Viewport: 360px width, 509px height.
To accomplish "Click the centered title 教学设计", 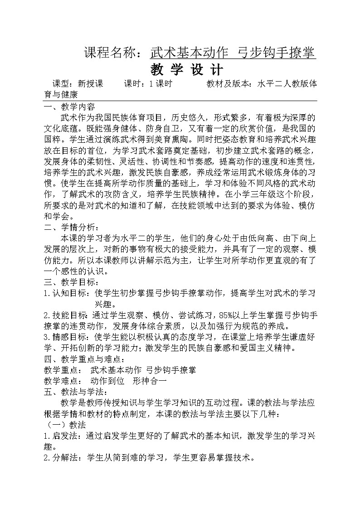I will point(186,70).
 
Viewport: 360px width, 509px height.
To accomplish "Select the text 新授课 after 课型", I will point(91,84).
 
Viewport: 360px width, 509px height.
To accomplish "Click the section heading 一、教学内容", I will point(69,107).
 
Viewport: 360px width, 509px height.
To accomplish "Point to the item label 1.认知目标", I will point(66,293).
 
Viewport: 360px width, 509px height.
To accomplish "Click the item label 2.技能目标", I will point(66,315).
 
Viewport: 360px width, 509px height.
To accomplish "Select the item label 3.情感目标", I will point(66,337).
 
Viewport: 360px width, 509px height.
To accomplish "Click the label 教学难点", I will point(62,381).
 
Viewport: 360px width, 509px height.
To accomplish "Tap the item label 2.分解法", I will point(63,458).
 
